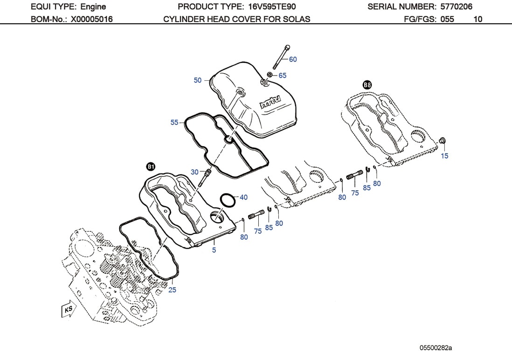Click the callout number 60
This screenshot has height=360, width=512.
pos(293,59)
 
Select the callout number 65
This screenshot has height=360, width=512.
pos(283,75)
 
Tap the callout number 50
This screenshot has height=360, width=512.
pos(198,80)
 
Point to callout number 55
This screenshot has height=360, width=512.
pos(174,122)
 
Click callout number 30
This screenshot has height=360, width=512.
pos(194,172)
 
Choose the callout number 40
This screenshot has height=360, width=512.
pos(243,197)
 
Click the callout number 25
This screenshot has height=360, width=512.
pos(173,290)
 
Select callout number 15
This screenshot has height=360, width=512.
pos(444,156)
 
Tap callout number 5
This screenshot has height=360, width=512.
pos(214,250)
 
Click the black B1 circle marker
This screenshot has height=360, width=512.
pos(151,166)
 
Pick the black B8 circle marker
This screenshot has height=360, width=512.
pos(367,84)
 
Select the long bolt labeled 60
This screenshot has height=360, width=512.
pos(281,57)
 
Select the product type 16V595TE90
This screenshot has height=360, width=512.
pos(270,7)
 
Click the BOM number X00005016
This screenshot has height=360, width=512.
pos(91,19)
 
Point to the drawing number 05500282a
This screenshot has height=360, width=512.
pos(436,348)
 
